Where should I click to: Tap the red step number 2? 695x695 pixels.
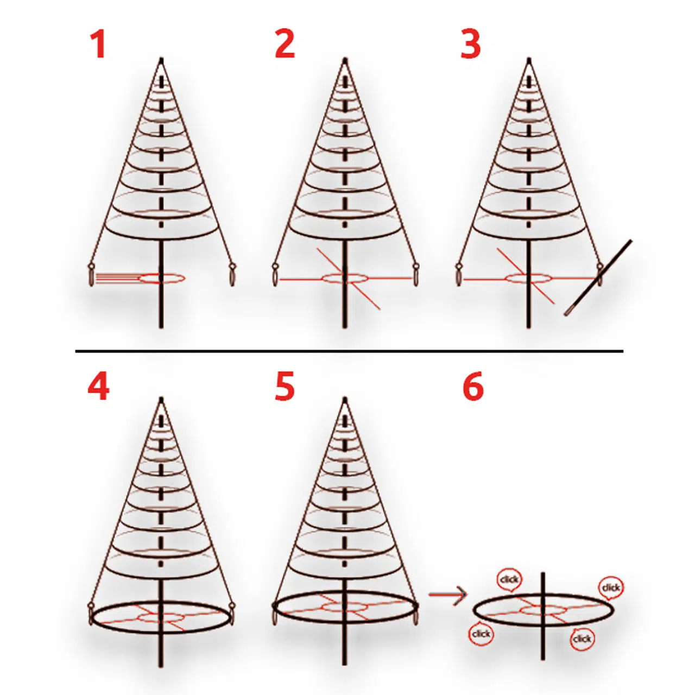coord(285,45)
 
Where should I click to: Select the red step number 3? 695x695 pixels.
coord(471,45)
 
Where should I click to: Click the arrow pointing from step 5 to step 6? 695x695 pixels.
coord(447,594)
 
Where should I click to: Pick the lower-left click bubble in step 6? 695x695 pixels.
coord(481,634)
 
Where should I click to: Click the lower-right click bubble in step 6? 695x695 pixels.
coord(582,639)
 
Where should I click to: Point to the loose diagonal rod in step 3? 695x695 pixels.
coord(598,277)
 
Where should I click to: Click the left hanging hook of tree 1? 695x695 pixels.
coord(91,275)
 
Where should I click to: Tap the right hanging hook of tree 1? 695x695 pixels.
coord(232,275)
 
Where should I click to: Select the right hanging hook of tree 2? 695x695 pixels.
coord(415,275)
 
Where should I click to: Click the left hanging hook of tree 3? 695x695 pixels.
coord(459,275)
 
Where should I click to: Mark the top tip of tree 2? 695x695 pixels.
coord(345,59)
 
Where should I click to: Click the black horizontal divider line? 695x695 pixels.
coord(349,351)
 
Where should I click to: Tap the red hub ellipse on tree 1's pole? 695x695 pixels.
coord(162,278)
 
